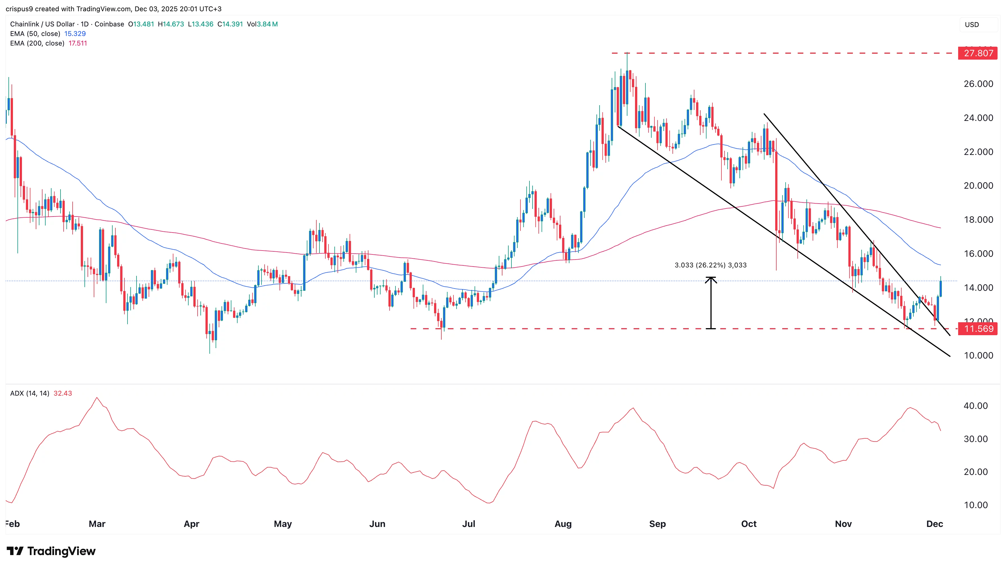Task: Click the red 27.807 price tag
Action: pos(978,53)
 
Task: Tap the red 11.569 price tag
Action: pos(978,329)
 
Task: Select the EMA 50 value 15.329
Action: pos(75,33)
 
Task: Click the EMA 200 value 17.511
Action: pos(78,43)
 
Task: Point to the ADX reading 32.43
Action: pos(62,393)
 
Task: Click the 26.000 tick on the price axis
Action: pos(978,84)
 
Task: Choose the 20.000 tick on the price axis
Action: pos(978,186)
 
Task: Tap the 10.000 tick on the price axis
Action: pos(978,355)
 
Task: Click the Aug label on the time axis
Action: pos(563,524)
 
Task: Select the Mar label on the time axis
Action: pos(97,524)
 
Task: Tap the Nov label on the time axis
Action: pos(843,524)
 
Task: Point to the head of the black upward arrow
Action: pos(711,278)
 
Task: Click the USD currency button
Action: pos(972,24)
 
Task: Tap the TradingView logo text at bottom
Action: pos(61,551)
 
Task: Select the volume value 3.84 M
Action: pos(267,24)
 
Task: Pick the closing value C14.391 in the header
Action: pos(230,24)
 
